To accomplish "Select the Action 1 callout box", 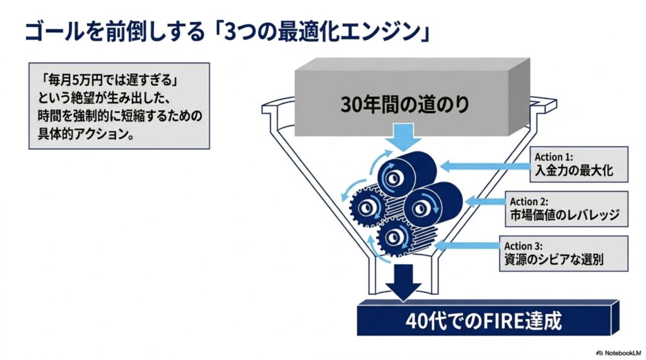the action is (x=579, y=165).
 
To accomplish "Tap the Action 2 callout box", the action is (x=567, y=209).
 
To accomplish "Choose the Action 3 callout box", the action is (x=563, y=253).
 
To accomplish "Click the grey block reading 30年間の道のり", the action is (x=412, y=97).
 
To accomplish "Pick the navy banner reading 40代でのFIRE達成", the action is (x=488, y=318).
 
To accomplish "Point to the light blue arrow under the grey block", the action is (x=403, y=137).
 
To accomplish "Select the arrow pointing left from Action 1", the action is (x=485, y=166).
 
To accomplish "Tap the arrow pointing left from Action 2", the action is (x=484, y=201).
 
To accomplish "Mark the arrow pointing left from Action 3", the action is (x=467, y=246).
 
